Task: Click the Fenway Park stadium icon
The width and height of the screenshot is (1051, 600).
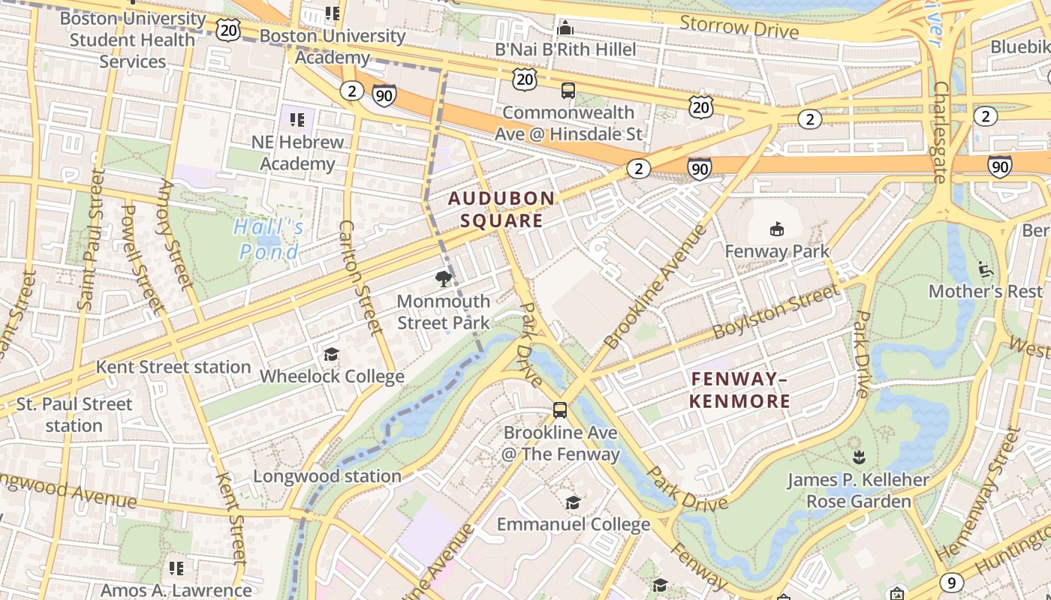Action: point(776,229)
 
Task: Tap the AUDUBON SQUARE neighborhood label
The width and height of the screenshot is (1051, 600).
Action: point(501,210)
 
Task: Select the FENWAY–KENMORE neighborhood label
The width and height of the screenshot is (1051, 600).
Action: point(739,390)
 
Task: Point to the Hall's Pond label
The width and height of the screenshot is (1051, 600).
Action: point(269,238)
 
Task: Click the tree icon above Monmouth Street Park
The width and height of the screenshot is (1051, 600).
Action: point(443,280)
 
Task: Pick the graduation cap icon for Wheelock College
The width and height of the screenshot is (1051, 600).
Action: point(331,354)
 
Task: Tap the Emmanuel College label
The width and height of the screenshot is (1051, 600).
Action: point(574,524)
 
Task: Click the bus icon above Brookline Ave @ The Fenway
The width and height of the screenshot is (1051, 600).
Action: point(560,409)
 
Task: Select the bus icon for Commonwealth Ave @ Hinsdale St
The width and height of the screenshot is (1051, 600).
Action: point(568,91)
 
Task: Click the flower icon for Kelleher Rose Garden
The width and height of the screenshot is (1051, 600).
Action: point(858,457)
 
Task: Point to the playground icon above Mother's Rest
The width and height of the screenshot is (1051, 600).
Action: point(985,268)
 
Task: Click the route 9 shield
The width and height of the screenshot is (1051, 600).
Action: point(951,582)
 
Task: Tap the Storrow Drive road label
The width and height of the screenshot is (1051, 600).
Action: point(739,27)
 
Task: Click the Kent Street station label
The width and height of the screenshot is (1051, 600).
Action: point(173,367)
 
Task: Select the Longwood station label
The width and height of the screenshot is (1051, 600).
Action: point(327,476)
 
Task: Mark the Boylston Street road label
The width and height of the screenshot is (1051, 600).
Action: point(775,311)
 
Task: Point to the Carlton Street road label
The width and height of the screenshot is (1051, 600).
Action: point(361,277)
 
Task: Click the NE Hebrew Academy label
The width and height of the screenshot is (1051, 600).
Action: point(297,153)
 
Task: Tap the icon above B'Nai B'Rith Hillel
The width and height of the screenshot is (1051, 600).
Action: point(565,28)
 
